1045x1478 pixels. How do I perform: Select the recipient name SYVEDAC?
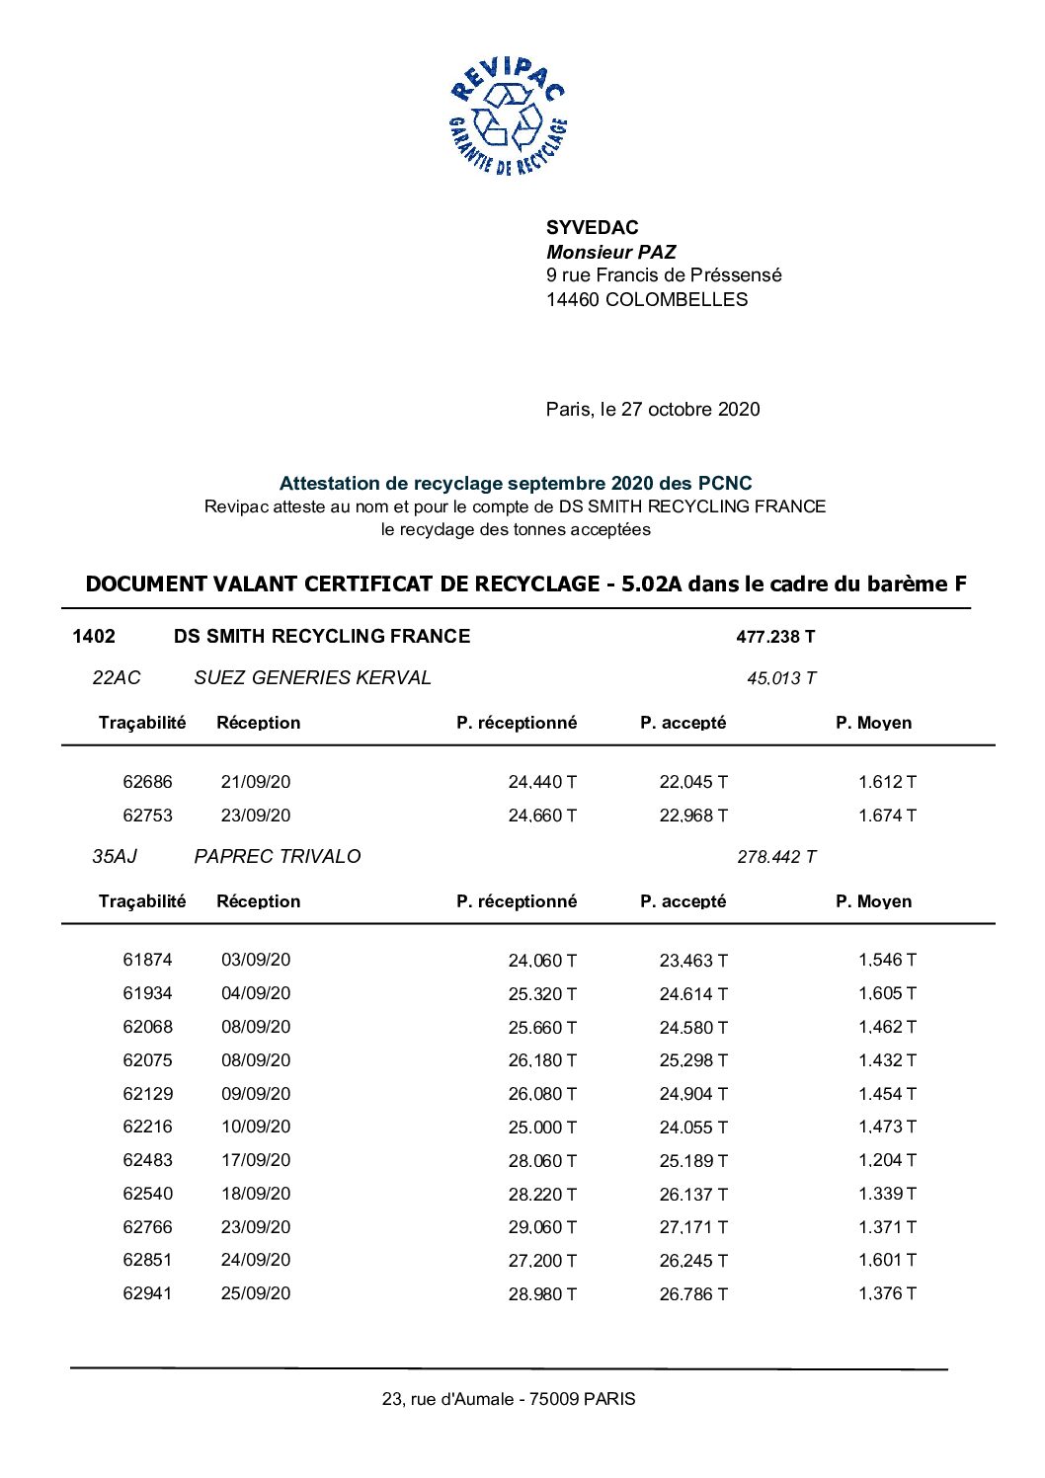pyautogui.click(x=592, y=228)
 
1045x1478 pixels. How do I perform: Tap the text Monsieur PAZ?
pyautogui.click(x=610, y=252)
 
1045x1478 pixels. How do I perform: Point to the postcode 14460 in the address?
pyautogui.click(x=572, y=300)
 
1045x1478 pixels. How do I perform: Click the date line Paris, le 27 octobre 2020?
pyautogui.click(x=652, y=410)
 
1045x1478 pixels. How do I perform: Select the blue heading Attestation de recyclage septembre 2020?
pyautogui.click(x=515, y=484)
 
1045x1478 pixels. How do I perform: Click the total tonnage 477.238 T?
pyautogui.click(x=775, y=637)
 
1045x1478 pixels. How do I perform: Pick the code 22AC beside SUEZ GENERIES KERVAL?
pyautogui.click(x=116, y=678)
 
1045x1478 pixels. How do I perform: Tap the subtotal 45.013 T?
pyautogui.click(x=780, y=678)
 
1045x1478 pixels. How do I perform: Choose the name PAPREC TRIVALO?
pyautogui.click(x=277, y=857)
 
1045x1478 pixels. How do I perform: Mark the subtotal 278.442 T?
pyautogui.click(x=775, y=857)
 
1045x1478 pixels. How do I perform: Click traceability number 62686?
pyautogui.click(x=147, y=782)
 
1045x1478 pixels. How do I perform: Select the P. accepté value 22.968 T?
pyautogui.click(x=692, y=816)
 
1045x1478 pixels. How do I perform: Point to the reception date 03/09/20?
pyautogui.click(x=256, y=960)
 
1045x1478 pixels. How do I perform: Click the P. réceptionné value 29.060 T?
pyautogui.click(x=541, y=1227)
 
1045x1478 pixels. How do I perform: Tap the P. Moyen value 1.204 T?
pyautogui.click(x=886, y=1160)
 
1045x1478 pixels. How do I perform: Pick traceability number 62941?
pyautogui.click(x=147, y=1293)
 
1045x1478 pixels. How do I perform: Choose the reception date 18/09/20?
pyautogui.click(x=256, y=1194)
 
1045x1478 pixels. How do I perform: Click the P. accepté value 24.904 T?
pyautogui.click(x=692, y=1094)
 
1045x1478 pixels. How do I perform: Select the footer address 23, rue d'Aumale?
pyautogui.click(x=508, y=1399)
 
